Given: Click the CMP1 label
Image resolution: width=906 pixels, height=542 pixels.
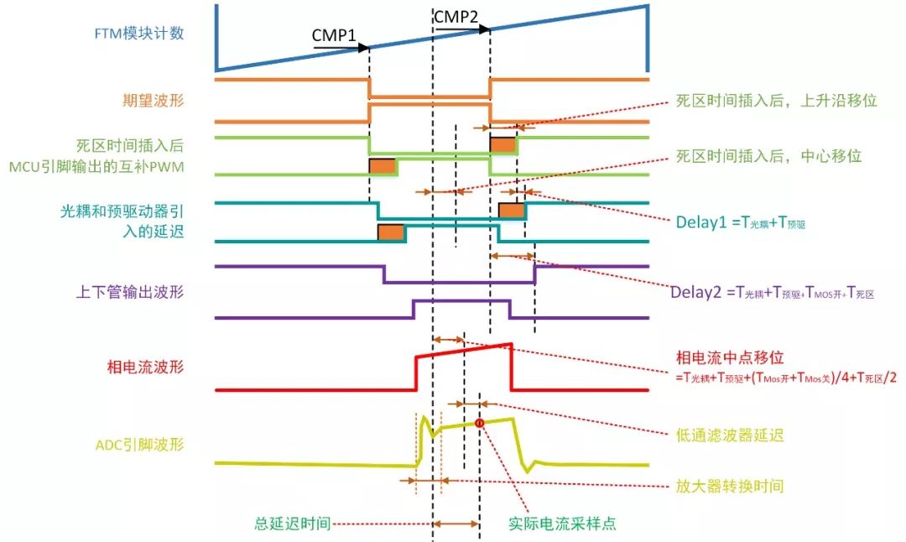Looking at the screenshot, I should point(334,35).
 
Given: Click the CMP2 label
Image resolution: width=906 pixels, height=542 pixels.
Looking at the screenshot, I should point(456,17).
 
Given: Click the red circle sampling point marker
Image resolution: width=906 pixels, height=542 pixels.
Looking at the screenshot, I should point(480,423).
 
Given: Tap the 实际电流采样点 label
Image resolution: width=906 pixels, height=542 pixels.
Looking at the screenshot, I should point(562,523).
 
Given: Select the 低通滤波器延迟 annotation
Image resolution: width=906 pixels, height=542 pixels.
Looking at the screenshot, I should point(730,435).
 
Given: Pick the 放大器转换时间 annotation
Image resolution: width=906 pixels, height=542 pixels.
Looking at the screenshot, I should point(730,486).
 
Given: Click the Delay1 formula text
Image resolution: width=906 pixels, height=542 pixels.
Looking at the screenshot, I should point(740,223).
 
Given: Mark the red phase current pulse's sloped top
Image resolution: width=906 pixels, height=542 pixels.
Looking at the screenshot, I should point(464,351).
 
